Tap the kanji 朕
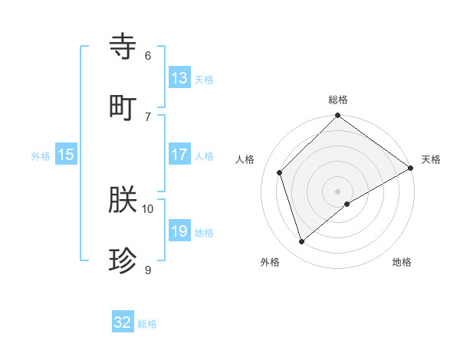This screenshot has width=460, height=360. pyautogui.click(x=123, y=201)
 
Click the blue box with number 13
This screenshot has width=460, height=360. pyautogui.click(x=179, y=78)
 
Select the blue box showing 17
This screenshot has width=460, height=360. pyautogui.click(x=179, y=155)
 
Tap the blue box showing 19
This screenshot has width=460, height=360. pyautogui.click(x=179, y=232)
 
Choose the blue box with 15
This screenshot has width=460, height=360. pyautogui.click(x=66, y=155)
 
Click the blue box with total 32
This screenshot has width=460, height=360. pyautogui.click(x=123, y=323)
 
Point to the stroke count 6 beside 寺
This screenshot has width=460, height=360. pyautogui.click(x=148, y=55)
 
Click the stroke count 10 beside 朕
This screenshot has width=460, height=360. pyautogui.click(x=148, y=208)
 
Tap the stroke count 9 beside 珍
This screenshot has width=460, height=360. pyautogui.click(x=148, y=270)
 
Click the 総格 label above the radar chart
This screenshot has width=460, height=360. pyautogui.click(x=338, y=100)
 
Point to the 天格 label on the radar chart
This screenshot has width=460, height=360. pyautogui.click(x=431, y=159)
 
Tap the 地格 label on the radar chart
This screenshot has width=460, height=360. pyautogui.click(x=402, y=262)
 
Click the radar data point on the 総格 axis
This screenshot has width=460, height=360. pyautogui.click(x=338, y=116)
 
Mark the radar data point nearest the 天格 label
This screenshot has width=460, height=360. pyautogui.click(x=410, y=168)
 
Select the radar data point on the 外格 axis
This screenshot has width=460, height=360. pyautogui.click(x=302, y=241)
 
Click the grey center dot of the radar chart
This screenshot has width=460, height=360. pyautogui.click(x=338, y=191)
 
